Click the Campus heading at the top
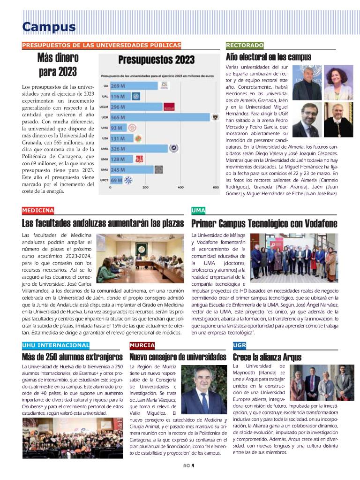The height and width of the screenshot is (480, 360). click(x=49, y=27)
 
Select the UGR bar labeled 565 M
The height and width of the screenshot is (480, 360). click(x=159, y=116)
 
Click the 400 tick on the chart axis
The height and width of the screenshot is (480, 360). click(x=181, y=187)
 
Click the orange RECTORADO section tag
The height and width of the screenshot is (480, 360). click(x=244, y=45)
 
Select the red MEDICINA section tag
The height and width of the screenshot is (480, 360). click(x=38, y=210)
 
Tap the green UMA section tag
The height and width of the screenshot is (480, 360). click(x=198, y=210)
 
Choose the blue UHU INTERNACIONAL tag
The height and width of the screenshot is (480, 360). click(x=55, y=345)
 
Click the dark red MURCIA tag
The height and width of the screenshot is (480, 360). click(x=142, y=345)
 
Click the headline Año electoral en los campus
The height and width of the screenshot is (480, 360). click(x=268, y=57)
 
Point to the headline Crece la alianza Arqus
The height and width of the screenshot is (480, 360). click(x=267, y=357)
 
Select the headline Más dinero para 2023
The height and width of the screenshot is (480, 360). click(x=58, y=65)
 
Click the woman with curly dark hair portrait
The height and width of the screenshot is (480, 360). click(x=337, y=83)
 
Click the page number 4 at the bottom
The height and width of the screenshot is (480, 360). click(x=193, y=466)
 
